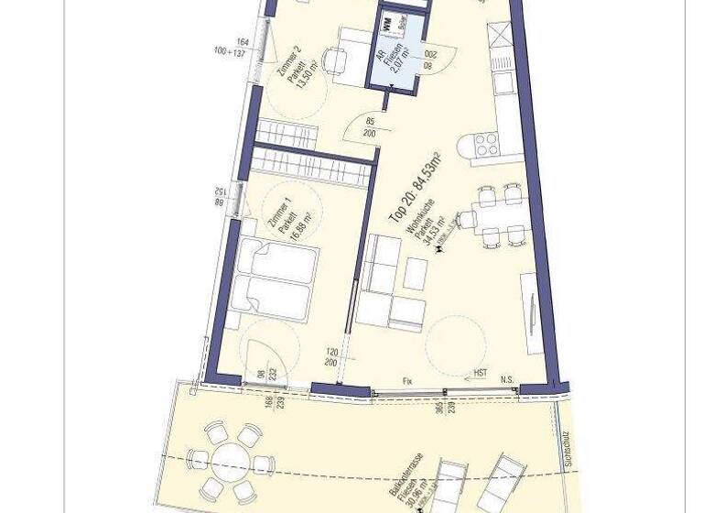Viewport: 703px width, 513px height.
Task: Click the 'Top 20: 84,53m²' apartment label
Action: pos(415,189)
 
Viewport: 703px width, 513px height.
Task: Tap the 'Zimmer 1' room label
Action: pos(271,212)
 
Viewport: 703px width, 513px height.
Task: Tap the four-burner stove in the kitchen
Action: pos(486,144)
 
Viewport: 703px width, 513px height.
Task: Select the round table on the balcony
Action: pos(233,461)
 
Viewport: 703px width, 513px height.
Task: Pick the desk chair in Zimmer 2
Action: pos(334,61)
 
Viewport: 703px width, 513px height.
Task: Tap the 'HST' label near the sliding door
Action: pos(480,374)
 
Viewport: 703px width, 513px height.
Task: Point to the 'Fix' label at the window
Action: pos(407,380)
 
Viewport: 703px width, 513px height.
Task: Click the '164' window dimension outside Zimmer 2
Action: pos(243,42)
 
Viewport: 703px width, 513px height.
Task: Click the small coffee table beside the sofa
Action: pos(416,273)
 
